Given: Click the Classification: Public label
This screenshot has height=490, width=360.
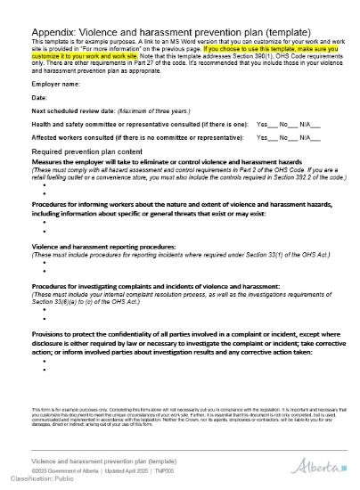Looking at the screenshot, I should coord(36,478).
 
